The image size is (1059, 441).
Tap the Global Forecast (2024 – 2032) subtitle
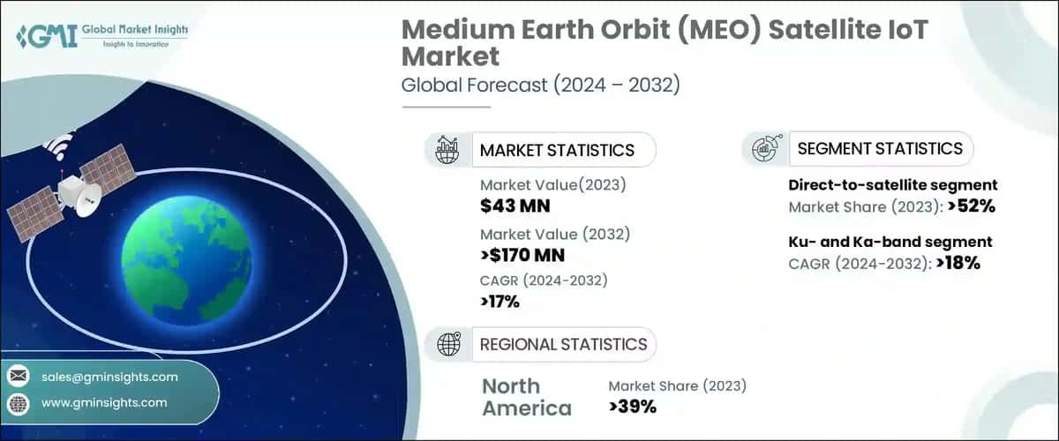tap(541, 86)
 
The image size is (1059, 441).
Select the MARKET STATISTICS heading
tap(557, 150)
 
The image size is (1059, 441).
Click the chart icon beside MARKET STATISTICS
tap(447, 150)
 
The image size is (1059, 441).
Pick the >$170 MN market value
tap(522, 256)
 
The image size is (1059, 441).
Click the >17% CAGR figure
tap(499, 302)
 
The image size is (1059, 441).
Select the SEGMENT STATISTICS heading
tap(880, 148)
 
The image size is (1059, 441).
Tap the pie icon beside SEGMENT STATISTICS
tap(763, 148)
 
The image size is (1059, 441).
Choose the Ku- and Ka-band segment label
tap(890, 242)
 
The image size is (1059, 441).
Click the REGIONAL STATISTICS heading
tap(563, 344)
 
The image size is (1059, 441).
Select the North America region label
tap(526, 397)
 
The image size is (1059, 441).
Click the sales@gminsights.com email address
tap(109, 377)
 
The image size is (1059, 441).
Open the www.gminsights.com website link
tap(104, 402)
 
